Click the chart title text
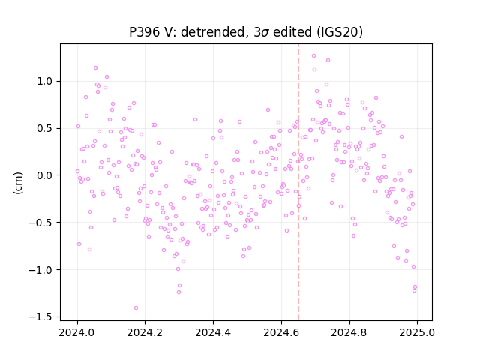click(246, 32)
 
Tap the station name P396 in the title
click(144, 32)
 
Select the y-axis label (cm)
click(18, 183)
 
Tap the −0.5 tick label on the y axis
click(42, 223)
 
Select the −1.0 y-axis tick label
click(42, 270)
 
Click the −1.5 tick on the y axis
click(42, 316)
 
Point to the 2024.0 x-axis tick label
click(77, 332)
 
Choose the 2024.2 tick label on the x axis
click(145, 332)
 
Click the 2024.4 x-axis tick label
click(213, 332)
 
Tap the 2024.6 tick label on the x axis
click(281, 332)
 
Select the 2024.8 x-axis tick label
click(349, 332)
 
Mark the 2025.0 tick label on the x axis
click(417, 332)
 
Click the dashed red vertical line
click(298, 182)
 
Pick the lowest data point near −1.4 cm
click(136, 308)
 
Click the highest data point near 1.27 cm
click(313, 56)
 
